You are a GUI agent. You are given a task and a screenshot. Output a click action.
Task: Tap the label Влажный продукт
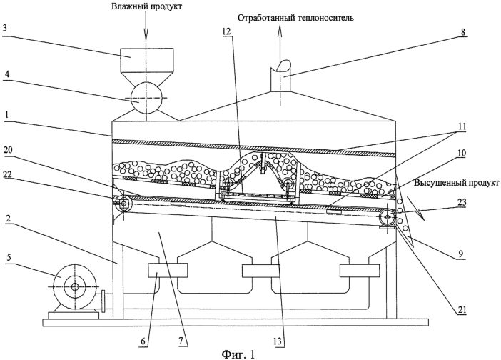pyautogui.click(x=146, y=7)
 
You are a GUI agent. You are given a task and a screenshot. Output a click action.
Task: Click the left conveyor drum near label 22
pyautogui.click(x=124, y=204)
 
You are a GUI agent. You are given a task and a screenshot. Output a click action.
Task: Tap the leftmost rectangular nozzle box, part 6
pyautogui.click(x=168, y=271)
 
